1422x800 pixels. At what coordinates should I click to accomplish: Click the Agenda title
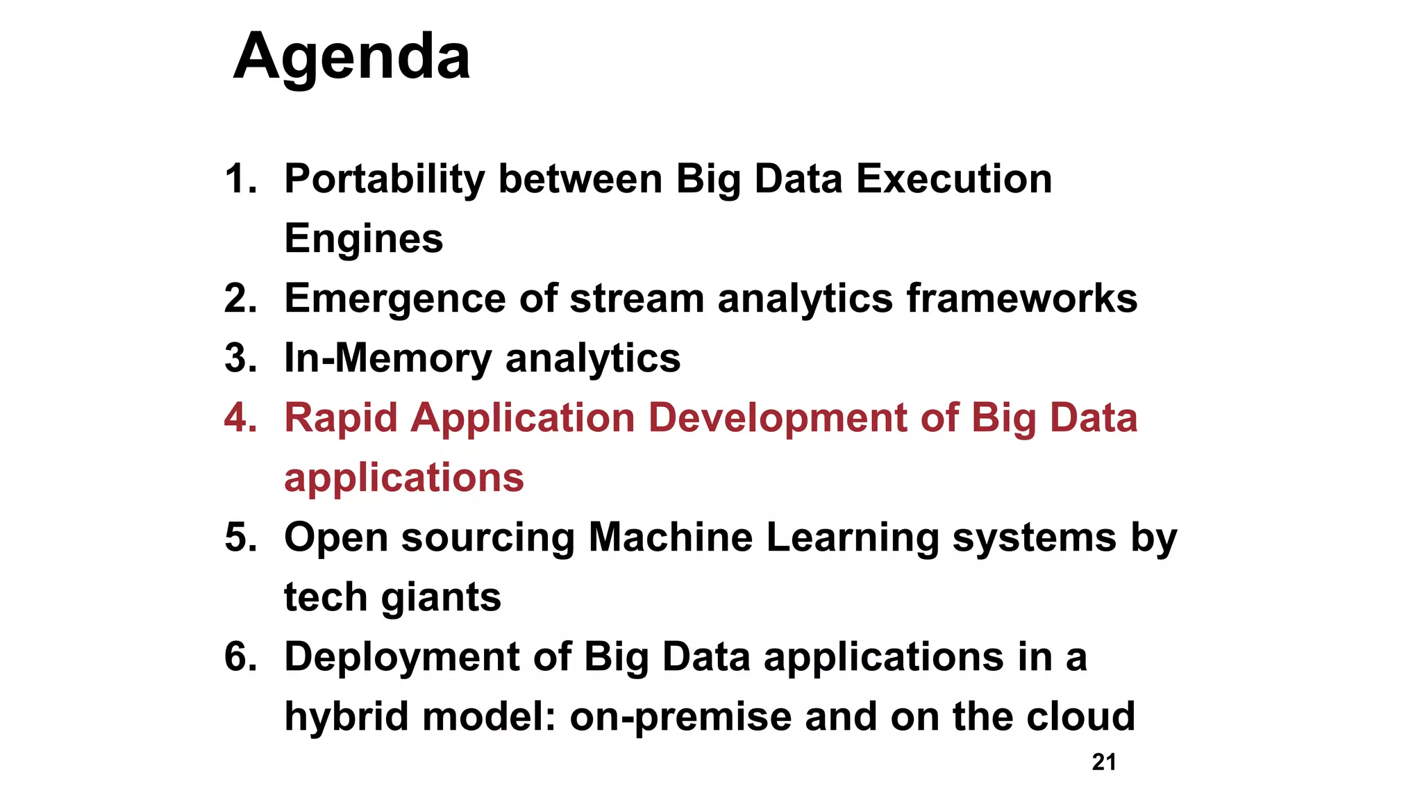351,57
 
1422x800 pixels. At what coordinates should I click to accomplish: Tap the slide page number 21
1104,762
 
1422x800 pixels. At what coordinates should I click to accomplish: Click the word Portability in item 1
385,179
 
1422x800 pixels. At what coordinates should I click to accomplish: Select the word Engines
363,239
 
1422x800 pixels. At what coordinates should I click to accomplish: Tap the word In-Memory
388,358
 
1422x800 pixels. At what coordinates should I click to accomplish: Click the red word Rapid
341,418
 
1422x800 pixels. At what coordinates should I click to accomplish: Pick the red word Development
778,418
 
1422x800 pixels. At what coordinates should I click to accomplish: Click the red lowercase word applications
404,478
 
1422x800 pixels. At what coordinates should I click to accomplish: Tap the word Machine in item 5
670,537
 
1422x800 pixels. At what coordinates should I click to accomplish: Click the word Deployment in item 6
402,657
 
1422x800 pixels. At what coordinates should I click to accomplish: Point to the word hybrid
346,717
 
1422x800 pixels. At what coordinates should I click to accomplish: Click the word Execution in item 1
954,179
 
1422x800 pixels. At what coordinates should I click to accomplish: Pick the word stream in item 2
637,299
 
